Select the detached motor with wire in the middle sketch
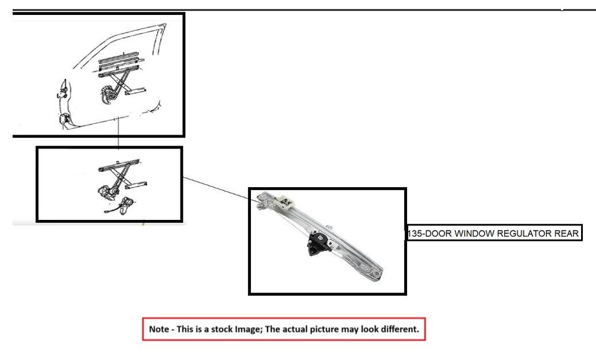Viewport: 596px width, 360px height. (124, 207)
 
